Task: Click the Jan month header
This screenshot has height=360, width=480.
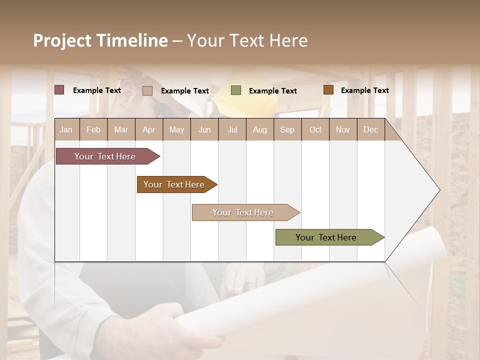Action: pos(66,129)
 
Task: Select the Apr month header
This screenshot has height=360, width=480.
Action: pos(148,129)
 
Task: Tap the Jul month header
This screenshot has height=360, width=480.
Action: pos(232,129)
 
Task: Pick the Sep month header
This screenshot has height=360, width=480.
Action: pos(287,129)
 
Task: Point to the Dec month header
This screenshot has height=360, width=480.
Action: pos(370,129)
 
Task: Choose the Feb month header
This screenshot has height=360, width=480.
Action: pos(93,129)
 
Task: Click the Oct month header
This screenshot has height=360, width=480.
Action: pos(315,129)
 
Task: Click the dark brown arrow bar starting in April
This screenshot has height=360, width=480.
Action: pos(175,184)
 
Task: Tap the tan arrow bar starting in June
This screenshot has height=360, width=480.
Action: pos(244,212)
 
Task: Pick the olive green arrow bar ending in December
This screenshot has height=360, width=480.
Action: pos(327,237)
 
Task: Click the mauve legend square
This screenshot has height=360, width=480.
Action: pos(59,90)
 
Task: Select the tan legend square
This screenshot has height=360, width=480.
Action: pos(147,90)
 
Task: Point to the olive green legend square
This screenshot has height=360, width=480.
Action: pos(236,90)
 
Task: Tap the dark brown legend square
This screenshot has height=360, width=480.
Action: pos(328,90)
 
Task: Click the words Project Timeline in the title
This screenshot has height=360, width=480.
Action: pos(100,40)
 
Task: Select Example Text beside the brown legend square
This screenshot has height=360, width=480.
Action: pos(364,90)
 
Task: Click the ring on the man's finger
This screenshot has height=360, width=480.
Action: pos(251,283)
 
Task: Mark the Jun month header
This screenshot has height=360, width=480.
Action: pos(204,129)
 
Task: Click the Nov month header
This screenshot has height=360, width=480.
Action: pos(343,129)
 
